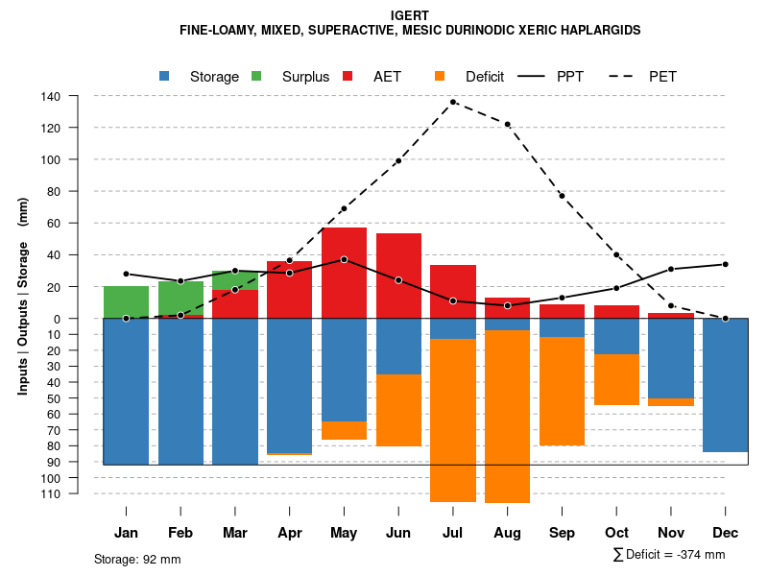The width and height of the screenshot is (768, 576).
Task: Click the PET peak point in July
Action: point(453,102)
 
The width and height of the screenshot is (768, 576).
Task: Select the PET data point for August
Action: point(508,124)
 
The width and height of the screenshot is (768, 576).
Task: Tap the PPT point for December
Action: point(726,264)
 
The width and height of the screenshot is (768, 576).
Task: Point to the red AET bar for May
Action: point(344,273)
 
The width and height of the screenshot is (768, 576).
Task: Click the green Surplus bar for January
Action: point(126,301)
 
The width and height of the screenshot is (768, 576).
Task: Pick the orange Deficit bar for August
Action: point(508,416)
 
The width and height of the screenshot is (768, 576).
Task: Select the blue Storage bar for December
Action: point(726,385)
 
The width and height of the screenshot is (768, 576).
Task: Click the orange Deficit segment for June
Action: point(398,410)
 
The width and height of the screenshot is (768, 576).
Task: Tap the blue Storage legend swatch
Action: point(165,77)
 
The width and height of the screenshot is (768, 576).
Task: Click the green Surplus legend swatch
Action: point(257,77)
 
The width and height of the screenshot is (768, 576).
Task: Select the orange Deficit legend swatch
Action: point(441,77)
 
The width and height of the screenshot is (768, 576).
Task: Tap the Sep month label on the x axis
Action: point(563,533)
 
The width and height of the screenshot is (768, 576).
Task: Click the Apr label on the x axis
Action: point(290,533)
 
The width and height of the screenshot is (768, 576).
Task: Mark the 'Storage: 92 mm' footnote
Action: point(137,559)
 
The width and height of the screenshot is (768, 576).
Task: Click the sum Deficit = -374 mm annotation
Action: point(669,555)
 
